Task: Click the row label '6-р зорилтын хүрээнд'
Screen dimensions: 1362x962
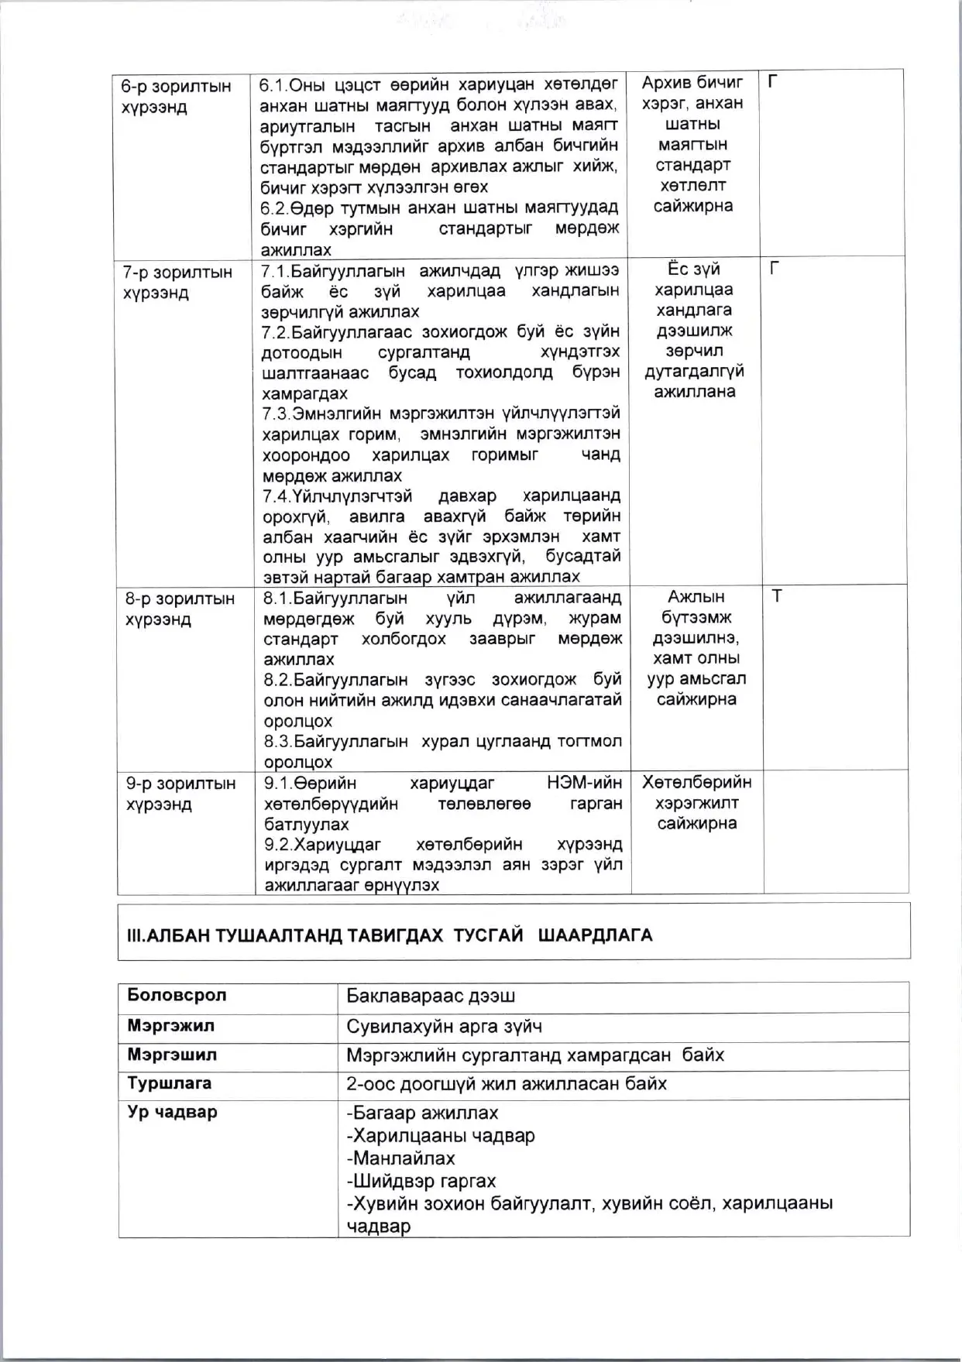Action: click(176, 97)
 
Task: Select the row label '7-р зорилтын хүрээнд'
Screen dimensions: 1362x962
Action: click(177, 283)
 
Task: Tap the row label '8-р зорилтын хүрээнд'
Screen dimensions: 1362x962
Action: click(180, 609)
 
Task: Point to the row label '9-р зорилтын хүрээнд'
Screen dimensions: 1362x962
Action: click(180, 794)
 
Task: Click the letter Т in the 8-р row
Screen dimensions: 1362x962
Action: click(777, 596)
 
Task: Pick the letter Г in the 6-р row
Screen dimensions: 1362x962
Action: click(772, 81)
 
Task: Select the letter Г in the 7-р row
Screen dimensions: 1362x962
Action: click(774, 269)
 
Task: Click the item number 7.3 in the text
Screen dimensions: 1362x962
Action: click(276, 413)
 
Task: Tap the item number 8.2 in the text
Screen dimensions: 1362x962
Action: click(277, 680)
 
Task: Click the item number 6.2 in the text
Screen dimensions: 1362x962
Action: click(274, 208)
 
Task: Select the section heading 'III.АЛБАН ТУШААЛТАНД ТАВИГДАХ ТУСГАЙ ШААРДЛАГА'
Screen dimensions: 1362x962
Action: click(390, 935)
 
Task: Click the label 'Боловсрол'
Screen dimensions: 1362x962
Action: click(177, 996)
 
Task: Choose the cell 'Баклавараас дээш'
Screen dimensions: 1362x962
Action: click(431, 997)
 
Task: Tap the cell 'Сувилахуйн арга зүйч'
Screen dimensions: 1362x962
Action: click(444, 1027)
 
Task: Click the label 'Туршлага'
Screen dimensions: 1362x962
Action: click(169, 1083)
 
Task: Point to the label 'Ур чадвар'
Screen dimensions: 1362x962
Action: click(172, 1113)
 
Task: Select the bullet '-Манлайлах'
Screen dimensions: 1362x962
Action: click(400, 1158)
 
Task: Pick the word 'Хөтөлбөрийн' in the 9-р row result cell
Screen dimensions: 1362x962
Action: click(696, 783)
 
